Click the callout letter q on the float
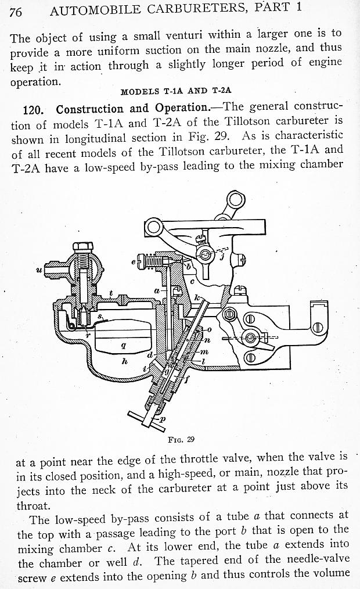(121, 345)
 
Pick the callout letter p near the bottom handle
(162, 418)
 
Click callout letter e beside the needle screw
(134, 263)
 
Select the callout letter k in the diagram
(197, 297)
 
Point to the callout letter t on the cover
(111, 294)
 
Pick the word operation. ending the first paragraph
(35, 81)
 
